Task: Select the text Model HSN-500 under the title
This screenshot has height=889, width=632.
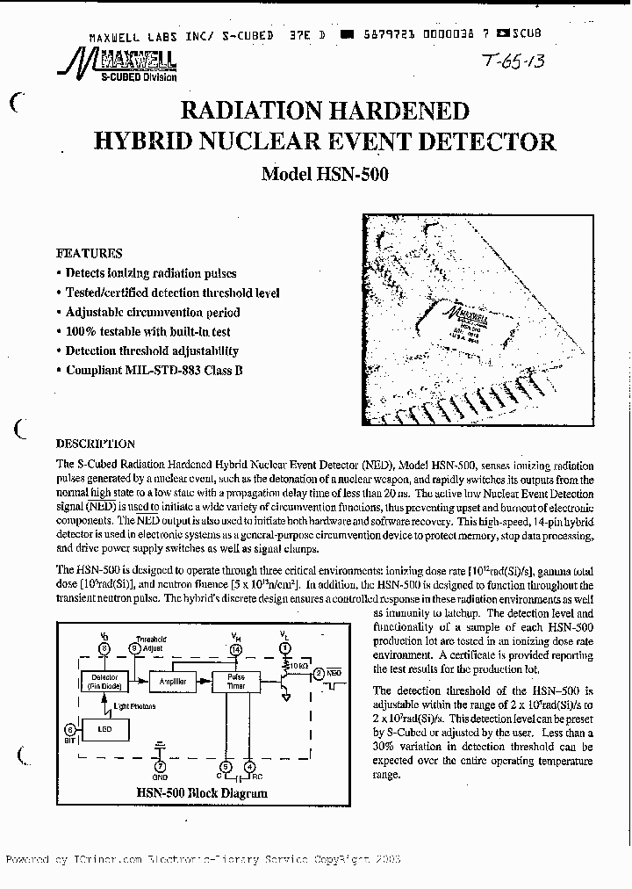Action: (325, 174)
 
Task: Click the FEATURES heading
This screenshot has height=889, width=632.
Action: (90, 253)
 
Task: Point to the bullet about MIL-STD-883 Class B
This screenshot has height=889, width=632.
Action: (154, 371)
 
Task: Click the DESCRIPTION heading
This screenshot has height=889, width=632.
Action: (96, 444)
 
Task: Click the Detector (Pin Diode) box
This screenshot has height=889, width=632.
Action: (104, 682)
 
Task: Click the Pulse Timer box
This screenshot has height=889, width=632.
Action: (236, 682)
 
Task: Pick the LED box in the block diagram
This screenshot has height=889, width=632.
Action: (104, 729)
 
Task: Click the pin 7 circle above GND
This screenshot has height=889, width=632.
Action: (161, 766)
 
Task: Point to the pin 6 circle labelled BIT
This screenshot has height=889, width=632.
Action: (70, 729)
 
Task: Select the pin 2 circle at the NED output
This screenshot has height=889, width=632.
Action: (319, 674)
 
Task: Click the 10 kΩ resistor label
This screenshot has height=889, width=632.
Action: (298, 668)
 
